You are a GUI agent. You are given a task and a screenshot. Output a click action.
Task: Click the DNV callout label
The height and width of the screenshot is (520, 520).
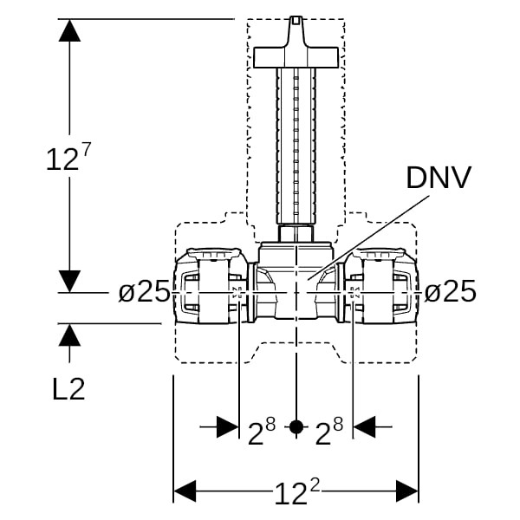pos(439,178)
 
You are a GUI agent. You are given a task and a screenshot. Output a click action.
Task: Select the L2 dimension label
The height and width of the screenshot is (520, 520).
pos(68,389)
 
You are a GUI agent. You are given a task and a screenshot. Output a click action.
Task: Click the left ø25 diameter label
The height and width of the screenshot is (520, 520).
pos(144,291)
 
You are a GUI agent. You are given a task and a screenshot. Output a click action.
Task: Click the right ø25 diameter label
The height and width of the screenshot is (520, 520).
pos(450,291)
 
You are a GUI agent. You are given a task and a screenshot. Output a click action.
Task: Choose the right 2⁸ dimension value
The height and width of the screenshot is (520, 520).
pos(328,431)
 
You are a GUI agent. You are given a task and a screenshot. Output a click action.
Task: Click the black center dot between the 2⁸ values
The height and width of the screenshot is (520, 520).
pos(296,426)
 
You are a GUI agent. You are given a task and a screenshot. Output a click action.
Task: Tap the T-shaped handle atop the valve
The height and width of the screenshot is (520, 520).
pos(296,54)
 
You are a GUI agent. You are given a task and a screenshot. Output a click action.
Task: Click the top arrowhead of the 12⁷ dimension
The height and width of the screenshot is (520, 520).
pos(69,29)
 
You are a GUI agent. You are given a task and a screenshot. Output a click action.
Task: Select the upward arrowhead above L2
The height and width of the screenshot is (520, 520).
pos(69,335)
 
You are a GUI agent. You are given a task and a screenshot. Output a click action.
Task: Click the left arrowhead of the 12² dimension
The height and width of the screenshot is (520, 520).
pos(185,491)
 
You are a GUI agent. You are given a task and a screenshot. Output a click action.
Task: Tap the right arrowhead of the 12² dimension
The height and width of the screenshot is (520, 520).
pos(407,491)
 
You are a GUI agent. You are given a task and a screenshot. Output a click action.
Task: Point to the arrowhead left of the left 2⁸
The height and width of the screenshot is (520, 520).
pos(227,426)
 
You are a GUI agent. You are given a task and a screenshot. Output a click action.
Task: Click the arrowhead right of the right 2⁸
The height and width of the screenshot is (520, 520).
pos(365,426)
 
